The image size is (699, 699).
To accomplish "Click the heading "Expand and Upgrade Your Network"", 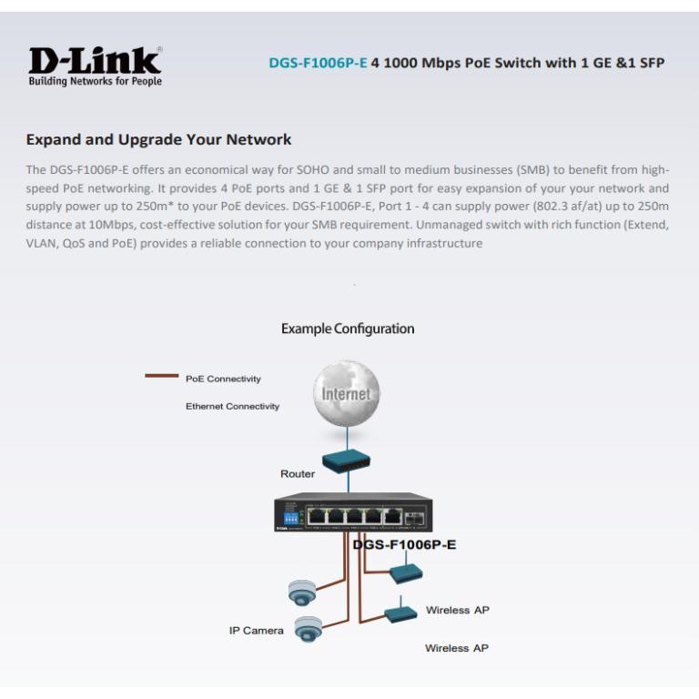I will tap(158, 140).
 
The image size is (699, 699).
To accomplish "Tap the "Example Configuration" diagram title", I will tap(349, 329).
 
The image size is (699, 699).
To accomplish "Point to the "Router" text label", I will tap(297, 474).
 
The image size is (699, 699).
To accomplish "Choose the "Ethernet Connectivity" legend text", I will tap(232, 406).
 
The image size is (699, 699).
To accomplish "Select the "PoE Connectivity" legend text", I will tap(224, 378).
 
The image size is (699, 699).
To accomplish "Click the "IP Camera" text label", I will tap(256, 630).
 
